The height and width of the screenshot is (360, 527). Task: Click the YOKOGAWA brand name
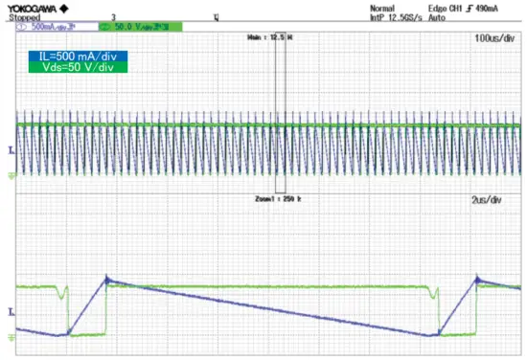tap(34, 7)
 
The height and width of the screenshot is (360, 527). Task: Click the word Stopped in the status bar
tap(25, 17)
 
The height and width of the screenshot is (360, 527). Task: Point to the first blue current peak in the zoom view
tap(106, 279)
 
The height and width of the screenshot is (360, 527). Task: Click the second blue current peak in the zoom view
tap(477, 279)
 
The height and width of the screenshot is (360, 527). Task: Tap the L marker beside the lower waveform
tap(10, 313)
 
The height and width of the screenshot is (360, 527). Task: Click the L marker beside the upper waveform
tap(10, 151)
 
